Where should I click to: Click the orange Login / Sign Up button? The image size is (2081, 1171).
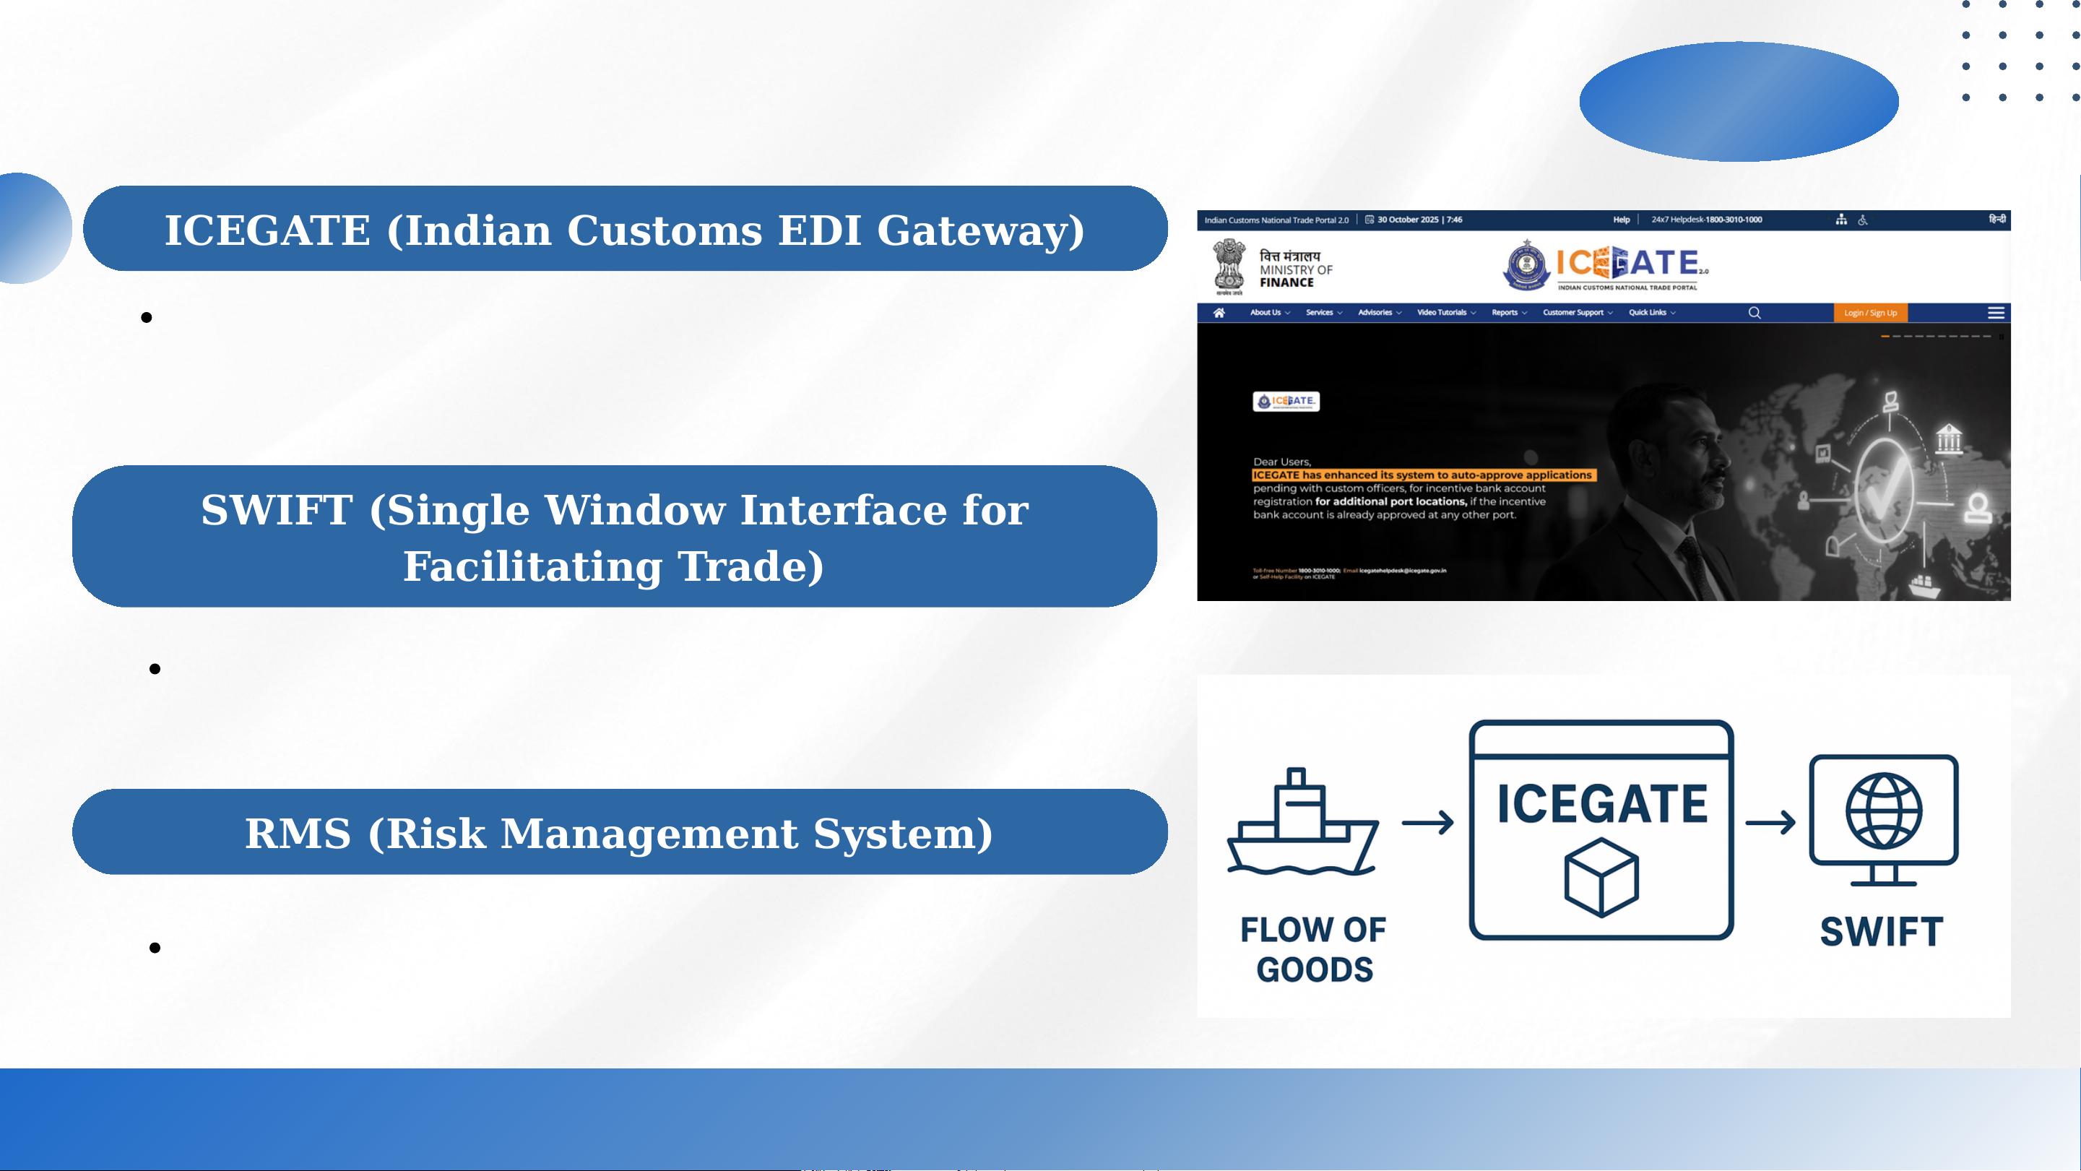1869,313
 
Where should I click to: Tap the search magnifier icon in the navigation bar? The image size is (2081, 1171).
1754,313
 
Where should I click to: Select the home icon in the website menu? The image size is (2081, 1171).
1219,313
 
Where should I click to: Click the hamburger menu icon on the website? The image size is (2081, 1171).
1995,313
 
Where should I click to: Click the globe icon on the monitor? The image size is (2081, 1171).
1883,811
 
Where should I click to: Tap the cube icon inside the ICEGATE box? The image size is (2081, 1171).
1601,878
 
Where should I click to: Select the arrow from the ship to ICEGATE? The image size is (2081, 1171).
1427,823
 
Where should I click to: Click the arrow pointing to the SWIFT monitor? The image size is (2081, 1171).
1770,823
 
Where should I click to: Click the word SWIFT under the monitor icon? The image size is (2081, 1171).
1881,932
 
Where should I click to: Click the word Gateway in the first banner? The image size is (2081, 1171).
980,230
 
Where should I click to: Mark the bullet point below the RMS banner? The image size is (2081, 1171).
155,948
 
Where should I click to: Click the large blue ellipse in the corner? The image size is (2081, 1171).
1739,102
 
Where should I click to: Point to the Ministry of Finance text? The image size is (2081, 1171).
1295,270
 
